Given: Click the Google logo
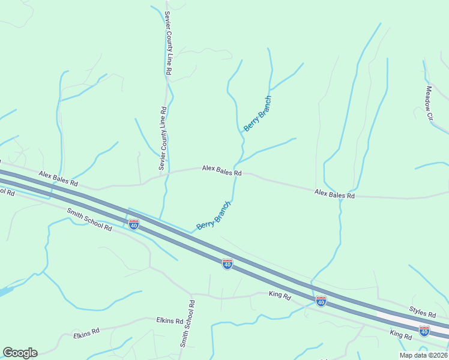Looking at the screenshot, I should (20, 353).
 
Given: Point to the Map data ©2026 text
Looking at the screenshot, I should (423, 355).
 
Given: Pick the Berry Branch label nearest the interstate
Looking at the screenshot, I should (214, 216).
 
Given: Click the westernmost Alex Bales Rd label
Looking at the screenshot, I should (58, 178).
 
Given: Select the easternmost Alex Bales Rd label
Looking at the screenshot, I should (334, 195).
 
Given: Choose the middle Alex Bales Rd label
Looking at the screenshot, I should (221, 171).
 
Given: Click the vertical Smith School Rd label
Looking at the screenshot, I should (188, 324).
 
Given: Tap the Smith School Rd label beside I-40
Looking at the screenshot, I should (89, 220).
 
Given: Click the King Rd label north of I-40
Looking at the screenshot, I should (280, 295).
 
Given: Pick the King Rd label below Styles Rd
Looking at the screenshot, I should (400, 336).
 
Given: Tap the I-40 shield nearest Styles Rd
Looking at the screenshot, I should (424, 331).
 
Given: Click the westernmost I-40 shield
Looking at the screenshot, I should (134, 224).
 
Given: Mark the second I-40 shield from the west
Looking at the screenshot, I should (227, 264).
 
